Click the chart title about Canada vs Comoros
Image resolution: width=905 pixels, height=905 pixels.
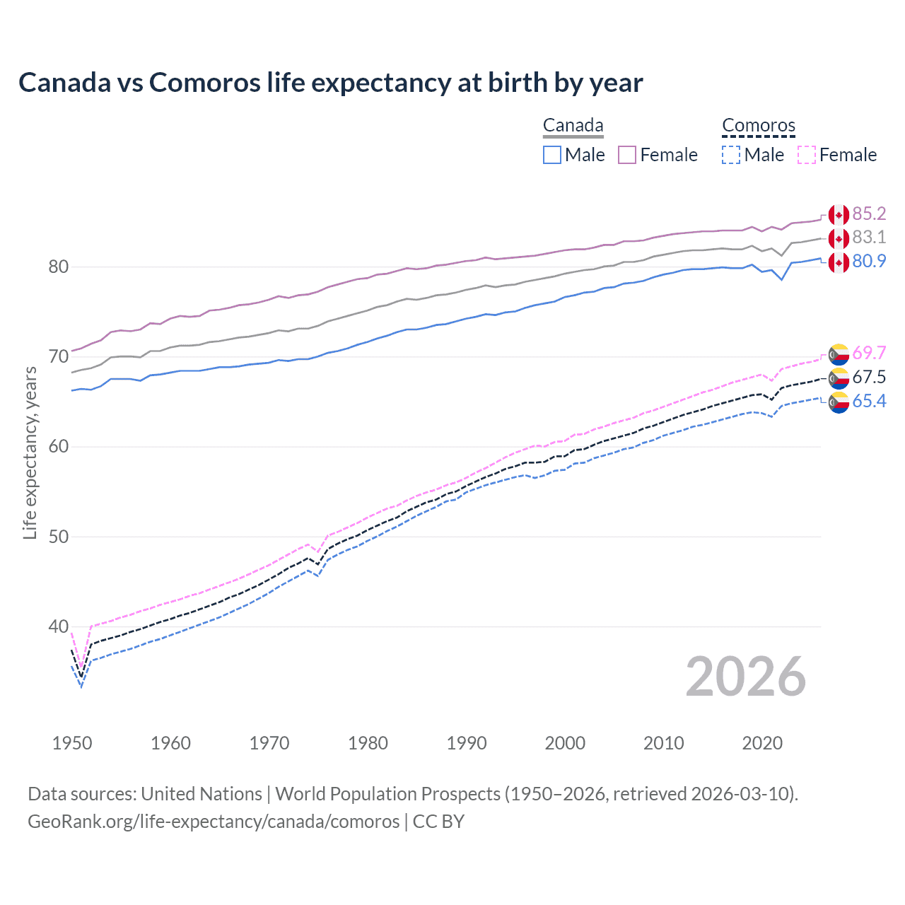click(x=330, y=83)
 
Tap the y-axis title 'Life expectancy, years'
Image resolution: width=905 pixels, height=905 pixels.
click(x=30, y=453)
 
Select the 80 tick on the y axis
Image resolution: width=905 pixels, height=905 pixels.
click(x=58, y=267)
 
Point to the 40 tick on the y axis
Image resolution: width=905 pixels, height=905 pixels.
click(x=58, y=626)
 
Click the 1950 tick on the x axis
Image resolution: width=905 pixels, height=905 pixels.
click(x=72, y=743)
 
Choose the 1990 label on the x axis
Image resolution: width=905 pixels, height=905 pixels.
click(x=467, y=743)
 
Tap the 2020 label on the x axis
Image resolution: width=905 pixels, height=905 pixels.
click(x=762, y=743)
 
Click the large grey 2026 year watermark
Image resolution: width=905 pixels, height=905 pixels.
click(x=746, y=677)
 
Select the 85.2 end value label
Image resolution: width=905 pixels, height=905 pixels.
click(x=869, y=214)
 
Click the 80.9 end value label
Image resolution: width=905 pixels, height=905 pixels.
click(x=869, y=262)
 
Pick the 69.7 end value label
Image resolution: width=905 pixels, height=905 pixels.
click(x=869, y=353)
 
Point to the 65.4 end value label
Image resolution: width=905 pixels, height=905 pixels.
click(x=869, y=402)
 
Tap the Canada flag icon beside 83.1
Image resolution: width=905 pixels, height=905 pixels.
click(x=839, y=238)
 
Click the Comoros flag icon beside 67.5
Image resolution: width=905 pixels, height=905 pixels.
click(x=839, y=378)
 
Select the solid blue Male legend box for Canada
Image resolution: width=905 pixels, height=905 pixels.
click(x=552, y=155)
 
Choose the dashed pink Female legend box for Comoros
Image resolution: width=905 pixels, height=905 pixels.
click(x=807, y=155)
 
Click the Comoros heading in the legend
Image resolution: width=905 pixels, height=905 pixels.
click(x=759, y=126)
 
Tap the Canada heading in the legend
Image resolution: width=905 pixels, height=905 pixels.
click(x=573, y=126)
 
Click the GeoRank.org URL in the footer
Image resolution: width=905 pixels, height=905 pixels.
click(x=214, y=822)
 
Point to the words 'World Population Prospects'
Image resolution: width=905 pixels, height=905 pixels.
click(x=387, y=794)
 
